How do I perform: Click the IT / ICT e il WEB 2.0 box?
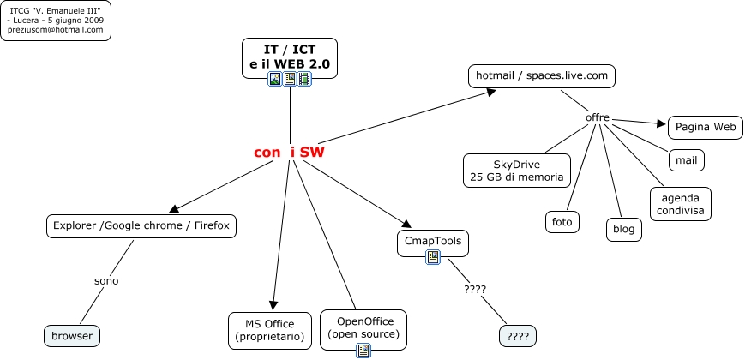(x=289, y=57)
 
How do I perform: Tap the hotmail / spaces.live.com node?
(x=542, y=76)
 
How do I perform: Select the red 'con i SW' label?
(x=289, y=152)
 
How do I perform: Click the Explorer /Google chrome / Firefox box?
(x=141, y=226)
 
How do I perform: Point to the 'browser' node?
(x=71, y=335)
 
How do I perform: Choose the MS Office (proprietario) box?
(x=273, y=331)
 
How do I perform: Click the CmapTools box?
(x=433, y=241)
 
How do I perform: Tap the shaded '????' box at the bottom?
(x=517, y=335)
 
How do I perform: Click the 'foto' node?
(x=562, y=222)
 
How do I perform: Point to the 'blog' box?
(x=624, y=229)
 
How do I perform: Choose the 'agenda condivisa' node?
(x=681, y=203)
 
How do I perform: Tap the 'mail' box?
(x=686, y=159)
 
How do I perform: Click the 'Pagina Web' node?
(x=705, y=128)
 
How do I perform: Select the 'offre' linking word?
(x=598, y=117)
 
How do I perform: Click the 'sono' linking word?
(x=106, y=280)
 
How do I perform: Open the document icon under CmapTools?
(x=433, y=256)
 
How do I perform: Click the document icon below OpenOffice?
(x=363, y=350)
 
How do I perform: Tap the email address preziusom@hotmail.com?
(x=56, y=29)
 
